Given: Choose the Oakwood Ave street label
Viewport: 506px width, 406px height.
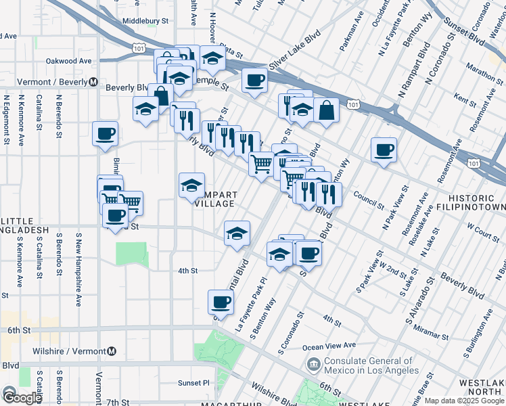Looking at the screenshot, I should point(68,61).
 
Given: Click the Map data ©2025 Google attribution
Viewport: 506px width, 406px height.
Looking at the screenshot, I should point(464,401).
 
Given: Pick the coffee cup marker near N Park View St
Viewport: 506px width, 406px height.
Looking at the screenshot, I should point(384,149).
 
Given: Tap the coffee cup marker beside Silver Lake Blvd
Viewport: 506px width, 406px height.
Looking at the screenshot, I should point(254,80).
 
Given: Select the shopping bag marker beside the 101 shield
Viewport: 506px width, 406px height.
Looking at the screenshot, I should point(326,110).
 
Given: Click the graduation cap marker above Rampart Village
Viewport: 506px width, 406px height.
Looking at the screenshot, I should point(191,184).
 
